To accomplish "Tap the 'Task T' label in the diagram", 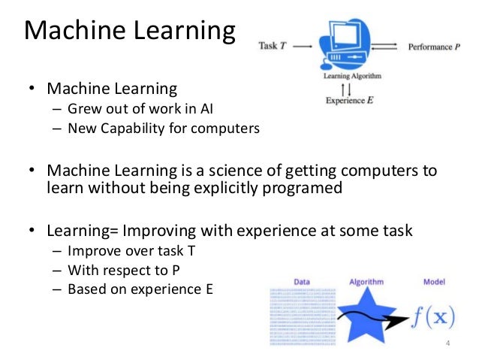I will (x=271, y=46).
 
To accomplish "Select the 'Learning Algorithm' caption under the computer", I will (x=354, y=76).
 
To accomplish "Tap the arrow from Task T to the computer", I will (x=302, y=47).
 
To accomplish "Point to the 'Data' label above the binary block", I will (x=302, y=282).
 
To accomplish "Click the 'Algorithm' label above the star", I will (x=366, y=282).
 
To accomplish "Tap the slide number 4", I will (x=447, y=343).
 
